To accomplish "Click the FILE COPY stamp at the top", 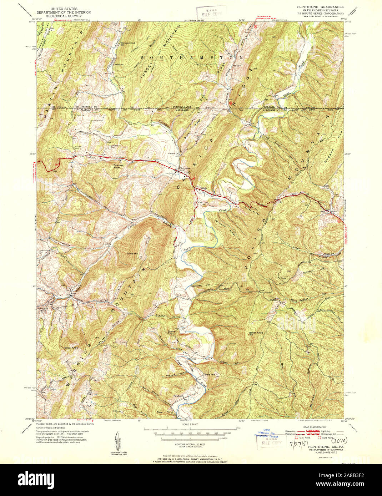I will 212,14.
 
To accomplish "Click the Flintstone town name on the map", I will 185,168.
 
